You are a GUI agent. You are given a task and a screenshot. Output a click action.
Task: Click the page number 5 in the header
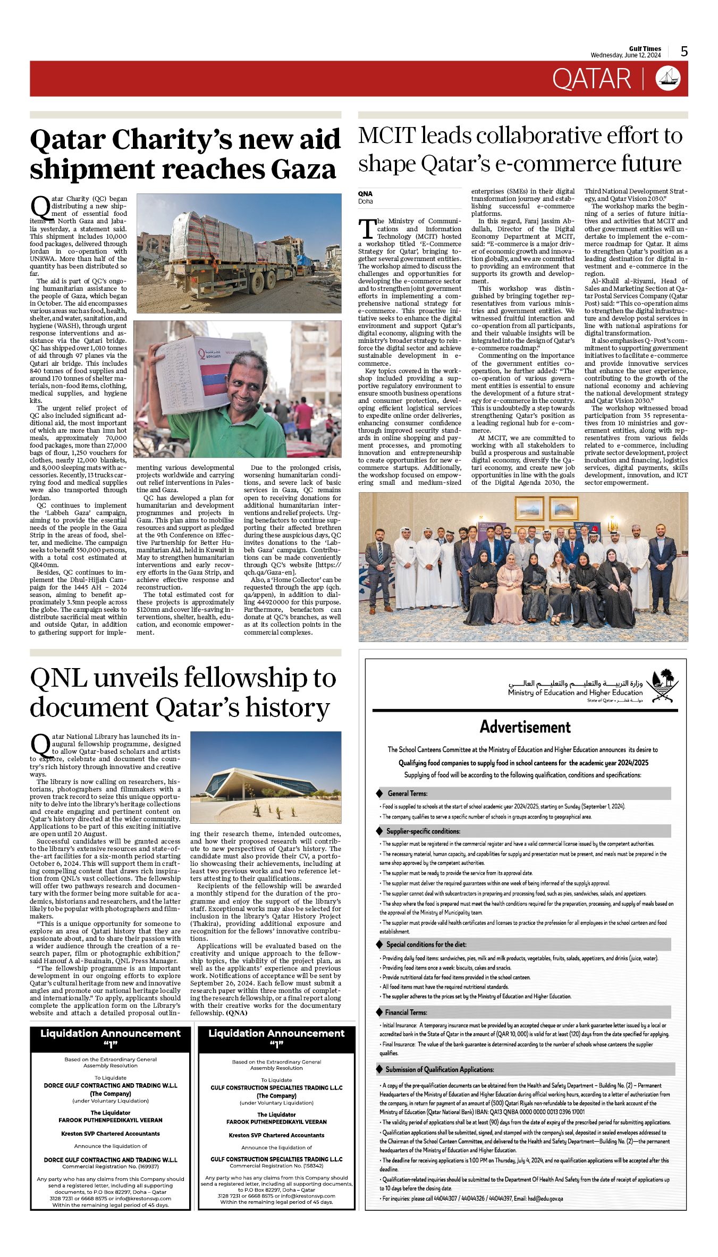(684, 52)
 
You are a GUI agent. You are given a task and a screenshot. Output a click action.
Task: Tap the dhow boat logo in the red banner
(668, 78)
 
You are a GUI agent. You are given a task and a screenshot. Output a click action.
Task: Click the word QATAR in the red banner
(592, 79)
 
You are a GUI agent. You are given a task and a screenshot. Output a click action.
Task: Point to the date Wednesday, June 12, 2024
(626, 55)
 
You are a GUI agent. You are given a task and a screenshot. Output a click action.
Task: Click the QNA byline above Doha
(365, 194)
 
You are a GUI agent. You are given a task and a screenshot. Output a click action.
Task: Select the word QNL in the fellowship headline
(59, 678)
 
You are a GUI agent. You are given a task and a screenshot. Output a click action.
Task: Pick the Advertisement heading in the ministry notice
(525, 727)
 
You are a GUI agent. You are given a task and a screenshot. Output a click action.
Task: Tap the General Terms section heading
(407, 794)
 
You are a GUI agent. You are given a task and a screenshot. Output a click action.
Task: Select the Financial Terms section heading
(406, 1013)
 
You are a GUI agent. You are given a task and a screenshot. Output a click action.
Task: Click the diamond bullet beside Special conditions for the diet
(379, 944)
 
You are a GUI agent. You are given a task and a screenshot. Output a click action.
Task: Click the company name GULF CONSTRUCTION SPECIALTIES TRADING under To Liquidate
(276, 1087)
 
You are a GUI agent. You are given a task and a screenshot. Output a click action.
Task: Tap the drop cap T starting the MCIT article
(367, 229)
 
